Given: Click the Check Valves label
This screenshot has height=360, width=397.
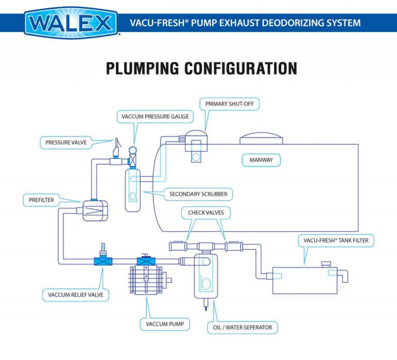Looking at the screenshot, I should click(206, 212).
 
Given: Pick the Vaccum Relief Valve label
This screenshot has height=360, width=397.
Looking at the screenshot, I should click(76, 295).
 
